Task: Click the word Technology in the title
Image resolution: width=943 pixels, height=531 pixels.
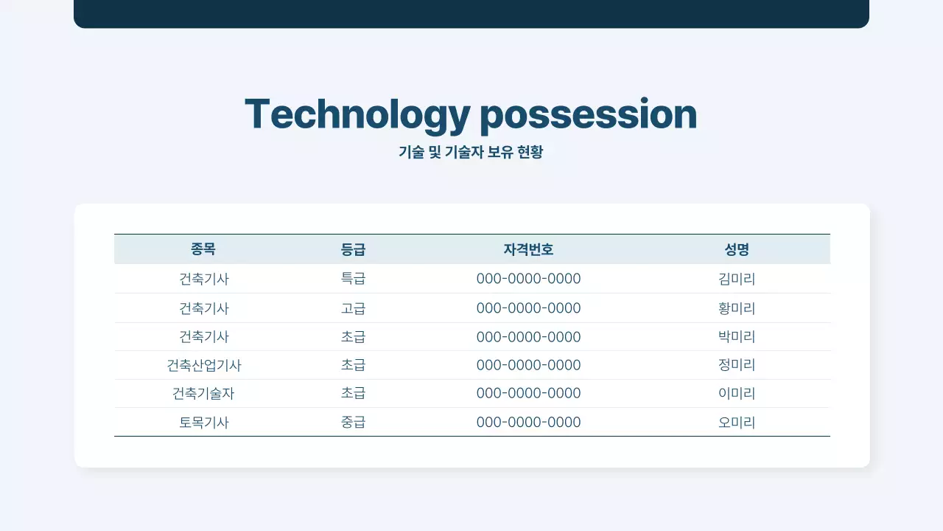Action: (357, 115)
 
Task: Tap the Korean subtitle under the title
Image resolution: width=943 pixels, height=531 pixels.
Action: (471, 153)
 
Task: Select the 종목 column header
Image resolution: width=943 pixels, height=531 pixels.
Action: (203, 249)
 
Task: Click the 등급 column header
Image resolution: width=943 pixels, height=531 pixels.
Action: (353, 249)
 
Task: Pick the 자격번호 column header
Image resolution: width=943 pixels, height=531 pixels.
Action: (528, 249)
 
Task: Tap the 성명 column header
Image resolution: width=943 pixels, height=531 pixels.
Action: (737, 249)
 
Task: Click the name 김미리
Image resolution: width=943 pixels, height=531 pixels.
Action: (737, 279)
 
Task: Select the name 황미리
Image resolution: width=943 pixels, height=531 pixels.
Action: (737, 308)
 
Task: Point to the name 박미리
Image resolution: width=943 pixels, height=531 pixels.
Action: (737, 337)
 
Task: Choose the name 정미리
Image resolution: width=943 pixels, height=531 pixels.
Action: (737, 365)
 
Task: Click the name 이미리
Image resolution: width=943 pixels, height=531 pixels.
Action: (737, 394)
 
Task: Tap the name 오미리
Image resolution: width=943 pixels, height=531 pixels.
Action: (737, 423)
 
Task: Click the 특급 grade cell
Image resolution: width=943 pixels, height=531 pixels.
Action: (353, 279)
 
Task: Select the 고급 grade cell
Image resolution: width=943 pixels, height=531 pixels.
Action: (353, 308)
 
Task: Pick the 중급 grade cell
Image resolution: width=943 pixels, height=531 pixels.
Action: (353, 423)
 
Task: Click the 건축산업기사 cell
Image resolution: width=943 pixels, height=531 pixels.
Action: (204, 365)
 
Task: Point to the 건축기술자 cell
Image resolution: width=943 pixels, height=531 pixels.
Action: (203, 394)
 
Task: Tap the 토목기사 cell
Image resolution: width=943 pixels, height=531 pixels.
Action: (204, 423)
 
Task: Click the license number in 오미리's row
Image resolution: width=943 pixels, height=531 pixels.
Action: (528, 423)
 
